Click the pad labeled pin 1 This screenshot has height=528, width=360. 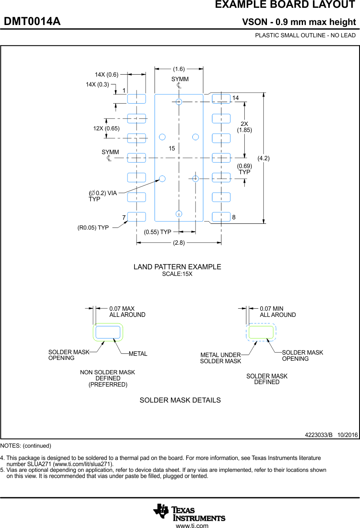136,99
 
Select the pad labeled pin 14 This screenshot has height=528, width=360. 221,99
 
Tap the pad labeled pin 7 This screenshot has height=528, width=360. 136,216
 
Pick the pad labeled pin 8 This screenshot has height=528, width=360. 221,216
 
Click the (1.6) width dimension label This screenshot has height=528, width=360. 179,69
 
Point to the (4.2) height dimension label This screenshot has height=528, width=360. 263,158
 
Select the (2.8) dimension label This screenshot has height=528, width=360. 179,243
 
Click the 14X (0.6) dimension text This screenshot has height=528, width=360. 107,75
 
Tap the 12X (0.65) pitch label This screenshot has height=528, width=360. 106,128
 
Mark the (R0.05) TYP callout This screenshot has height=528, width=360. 93,228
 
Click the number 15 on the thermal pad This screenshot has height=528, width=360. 171,148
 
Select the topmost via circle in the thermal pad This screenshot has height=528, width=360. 179,102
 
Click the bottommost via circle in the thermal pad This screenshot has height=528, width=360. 179,214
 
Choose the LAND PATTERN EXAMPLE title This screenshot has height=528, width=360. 177,267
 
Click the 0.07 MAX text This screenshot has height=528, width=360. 122,309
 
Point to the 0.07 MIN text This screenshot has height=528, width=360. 271,309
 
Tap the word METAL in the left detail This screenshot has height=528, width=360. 138,354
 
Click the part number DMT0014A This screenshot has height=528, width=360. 32,22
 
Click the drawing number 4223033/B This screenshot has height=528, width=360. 319,435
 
